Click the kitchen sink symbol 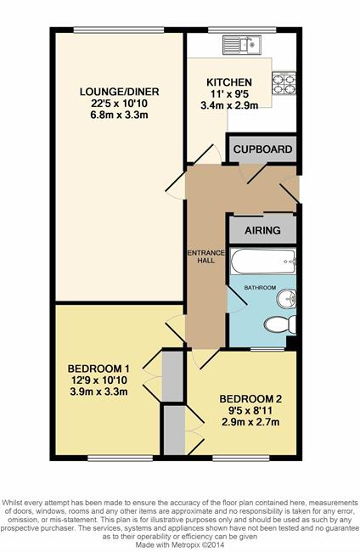point(242,45)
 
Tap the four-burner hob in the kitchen point(284,83)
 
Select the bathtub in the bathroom point(263,262)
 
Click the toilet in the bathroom point(280,324)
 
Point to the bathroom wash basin point(286,299)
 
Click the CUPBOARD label point(263,149)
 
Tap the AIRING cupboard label point(263,231)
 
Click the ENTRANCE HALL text point(205,256)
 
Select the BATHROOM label point(260,288)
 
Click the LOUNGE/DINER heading point(120,92)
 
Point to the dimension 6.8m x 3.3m point(120,115)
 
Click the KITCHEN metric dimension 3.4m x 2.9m point(229,105)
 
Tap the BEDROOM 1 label point(98,369)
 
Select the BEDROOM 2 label point(250,399)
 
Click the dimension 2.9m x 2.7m point(250,422)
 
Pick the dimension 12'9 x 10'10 point(98,380)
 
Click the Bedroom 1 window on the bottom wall point(120,458)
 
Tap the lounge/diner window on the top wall point(119,30)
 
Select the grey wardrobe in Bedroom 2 point(174,431)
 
